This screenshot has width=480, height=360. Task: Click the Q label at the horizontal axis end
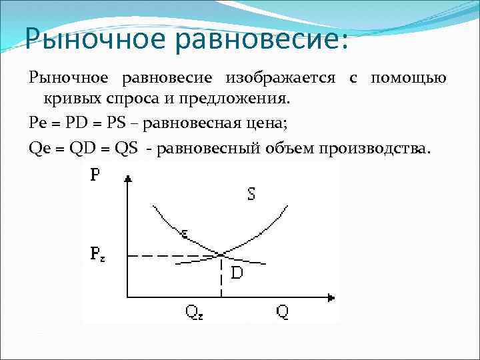tap(283, 311)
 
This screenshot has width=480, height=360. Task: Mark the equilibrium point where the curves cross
tap(221, 254)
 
